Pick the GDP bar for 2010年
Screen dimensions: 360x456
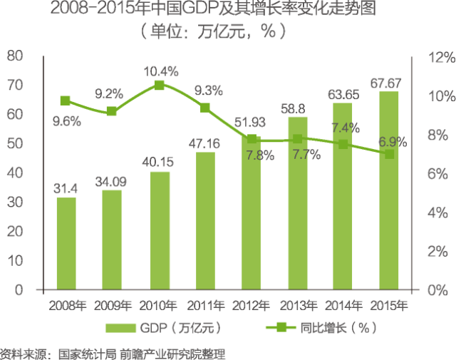(x=160, y=231)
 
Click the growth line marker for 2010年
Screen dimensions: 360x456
(x=160, y=85)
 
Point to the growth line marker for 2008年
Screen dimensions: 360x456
(x=66, y=101)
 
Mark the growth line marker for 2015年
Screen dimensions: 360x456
(x=389, y=153)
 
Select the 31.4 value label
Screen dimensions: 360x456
(x=66, y=188)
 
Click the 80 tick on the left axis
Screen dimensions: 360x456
(x=15, y=56)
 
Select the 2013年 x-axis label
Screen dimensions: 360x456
(x=297, y=306)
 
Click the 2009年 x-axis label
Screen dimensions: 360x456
(x=113, y=306)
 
